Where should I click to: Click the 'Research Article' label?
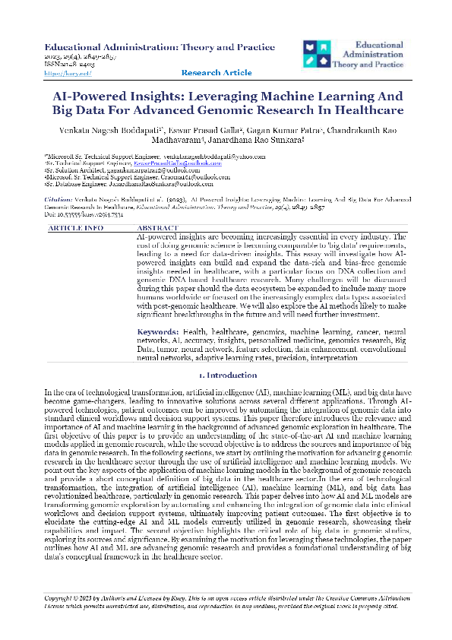(217, 73)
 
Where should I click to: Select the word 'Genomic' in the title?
(228, 111)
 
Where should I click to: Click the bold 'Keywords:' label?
(158, 353)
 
